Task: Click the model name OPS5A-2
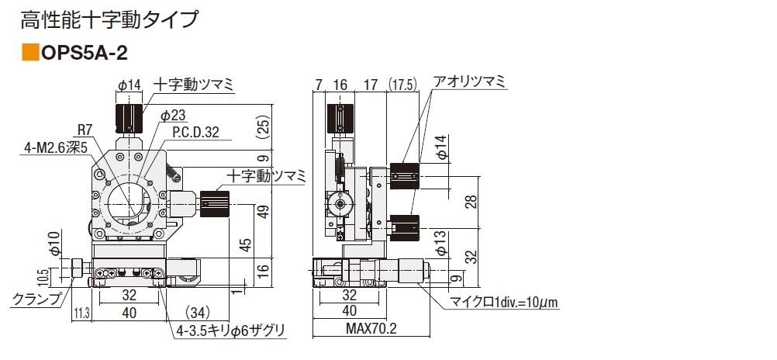tap(85, 53)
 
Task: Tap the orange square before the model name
tap(30, 53)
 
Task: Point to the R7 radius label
tap(85, 130)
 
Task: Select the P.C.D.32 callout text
tap(195, 133)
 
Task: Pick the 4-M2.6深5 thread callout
tap(57, 147)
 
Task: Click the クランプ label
tap(38, 299)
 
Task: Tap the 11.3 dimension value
tap(81, 313)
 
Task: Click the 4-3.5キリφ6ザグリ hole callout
tap(231, 331)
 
